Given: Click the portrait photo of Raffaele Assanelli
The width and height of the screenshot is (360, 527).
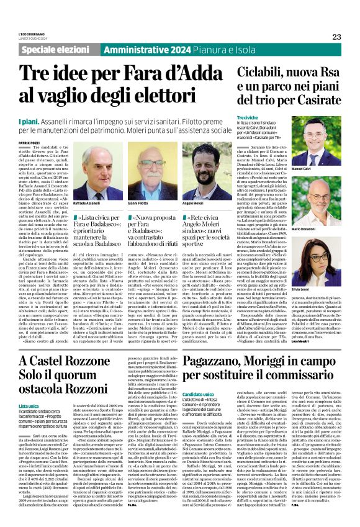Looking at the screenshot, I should [x=89, y=180].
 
